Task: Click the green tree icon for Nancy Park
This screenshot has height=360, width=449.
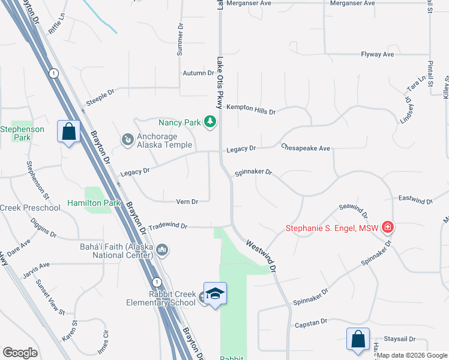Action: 209,122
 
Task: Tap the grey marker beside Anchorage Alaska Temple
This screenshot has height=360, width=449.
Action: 127,140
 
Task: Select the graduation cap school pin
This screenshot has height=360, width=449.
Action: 215,294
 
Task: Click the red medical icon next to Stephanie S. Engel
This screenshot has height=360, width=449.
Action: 388,227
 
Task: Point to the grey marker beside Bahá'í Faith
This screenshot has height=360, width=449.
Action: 162,250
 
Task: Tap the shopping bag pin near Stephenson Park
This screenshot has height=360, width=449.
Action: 69,131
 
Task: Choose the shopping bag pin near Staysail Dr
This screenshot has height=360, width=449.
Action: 358,338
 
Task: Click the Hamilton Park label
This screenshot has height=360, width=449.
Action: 94,203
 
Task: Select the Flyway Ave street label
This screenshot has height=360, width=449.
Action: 377,55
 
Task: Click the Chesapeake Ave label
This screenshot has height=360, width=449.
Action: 306,148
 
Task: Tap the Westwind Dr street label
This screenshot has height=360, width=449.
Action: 261,257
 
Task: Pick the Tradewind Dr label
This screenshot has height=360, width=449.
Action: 168,226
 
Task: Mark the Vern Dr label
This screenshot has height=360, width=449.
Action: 187,202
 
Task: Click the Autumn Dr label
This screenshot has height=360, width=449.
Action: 198,73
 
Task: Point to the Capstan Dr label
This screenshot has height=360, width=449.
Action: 310,323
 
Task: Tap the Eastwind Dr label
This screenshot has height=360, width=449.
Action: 415,198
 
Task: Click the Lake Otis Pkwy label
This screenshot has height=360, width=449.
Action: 220,83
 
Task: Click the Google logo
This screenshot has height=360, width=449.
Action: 20,353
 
